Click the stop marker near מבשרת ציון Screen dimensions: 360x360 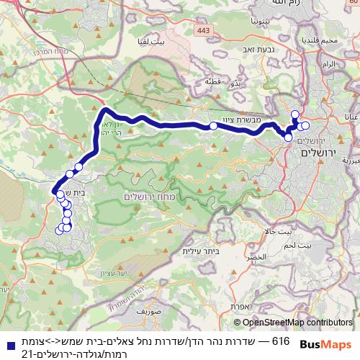click(213, 127)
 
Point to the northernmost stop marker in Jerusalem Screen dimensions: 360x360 click(294, 114)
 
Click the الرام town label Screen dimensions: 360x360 click(329, 64)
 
